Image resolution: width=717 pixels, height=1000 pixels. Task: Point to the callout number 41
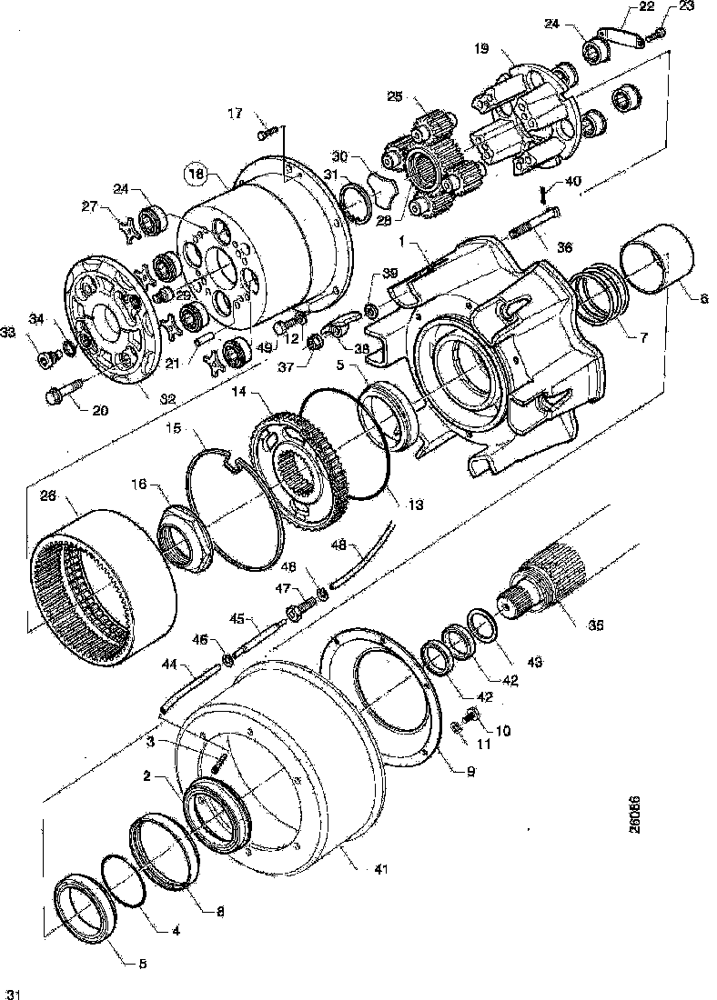click(x=380, y=869)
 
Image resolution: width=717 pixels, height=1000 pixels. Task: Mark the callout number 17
click(x=235, y=114)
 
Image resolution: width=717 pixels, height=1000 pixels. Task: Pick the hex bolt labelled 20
click(x=58, y=395)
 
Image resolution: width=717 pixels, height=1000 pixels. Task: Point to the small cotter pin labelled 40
click(x=543, y=194)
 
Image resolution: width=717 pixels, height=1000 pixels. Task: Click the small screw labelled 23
click(x=654, y=35)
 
